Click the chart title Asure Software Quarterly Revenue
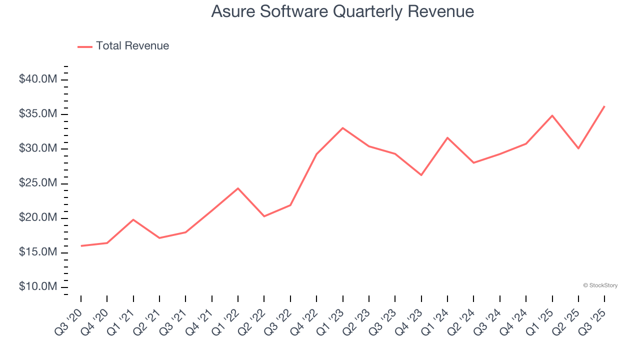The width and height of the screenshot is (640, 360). (342, 11)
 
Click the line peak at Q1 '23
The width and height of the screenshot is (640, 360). (342, 128)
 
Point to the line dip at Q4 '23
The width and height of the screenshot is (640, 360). (421, 175)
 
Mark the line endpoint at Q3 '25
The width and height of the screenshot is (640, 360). (604, 106)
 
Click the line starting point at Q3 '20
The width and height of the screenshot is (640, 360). (81, 245)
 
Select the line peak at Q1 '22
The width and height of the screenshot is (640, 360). (238, 188)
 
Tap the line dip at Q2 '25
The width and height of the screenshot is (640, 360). (578, 148)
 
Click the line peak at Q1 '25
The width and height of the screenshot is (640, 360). (552, 115)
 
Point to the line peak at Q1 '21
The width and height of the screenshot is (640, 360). (133, 219)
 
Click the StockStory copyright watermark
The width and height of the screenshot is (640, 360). (600, 285)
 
